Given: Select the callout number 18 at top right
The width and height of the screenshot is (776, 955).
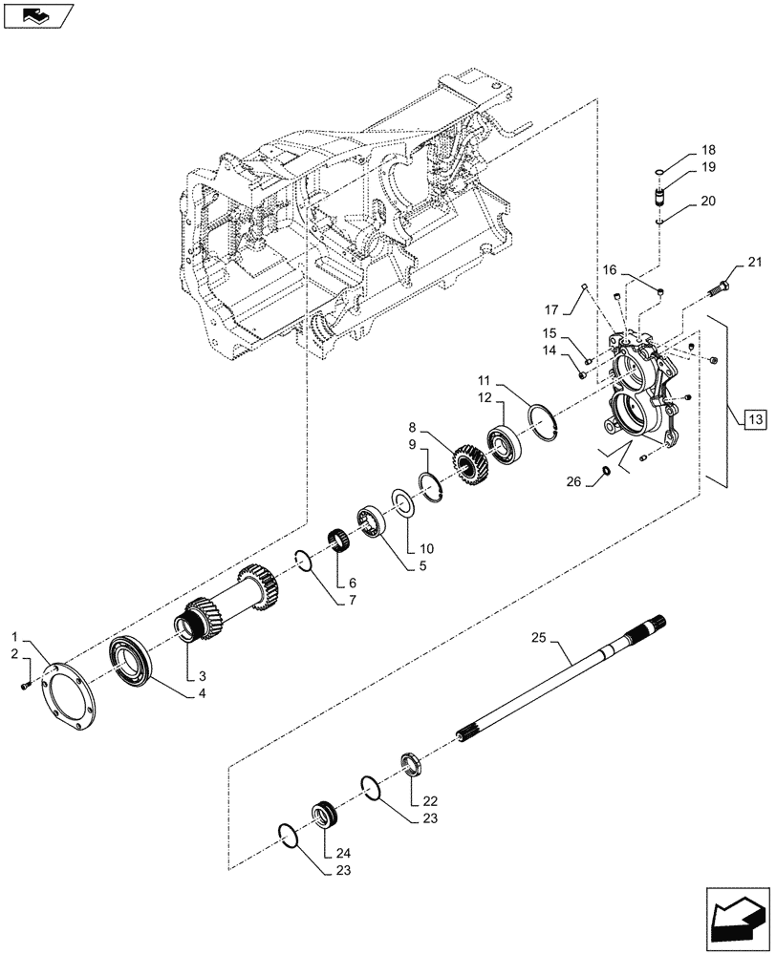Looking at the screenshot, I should (x=708, y=150).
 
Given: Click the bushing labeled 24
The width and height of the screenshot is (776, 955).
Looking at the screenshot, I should (x=323, y=818).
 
